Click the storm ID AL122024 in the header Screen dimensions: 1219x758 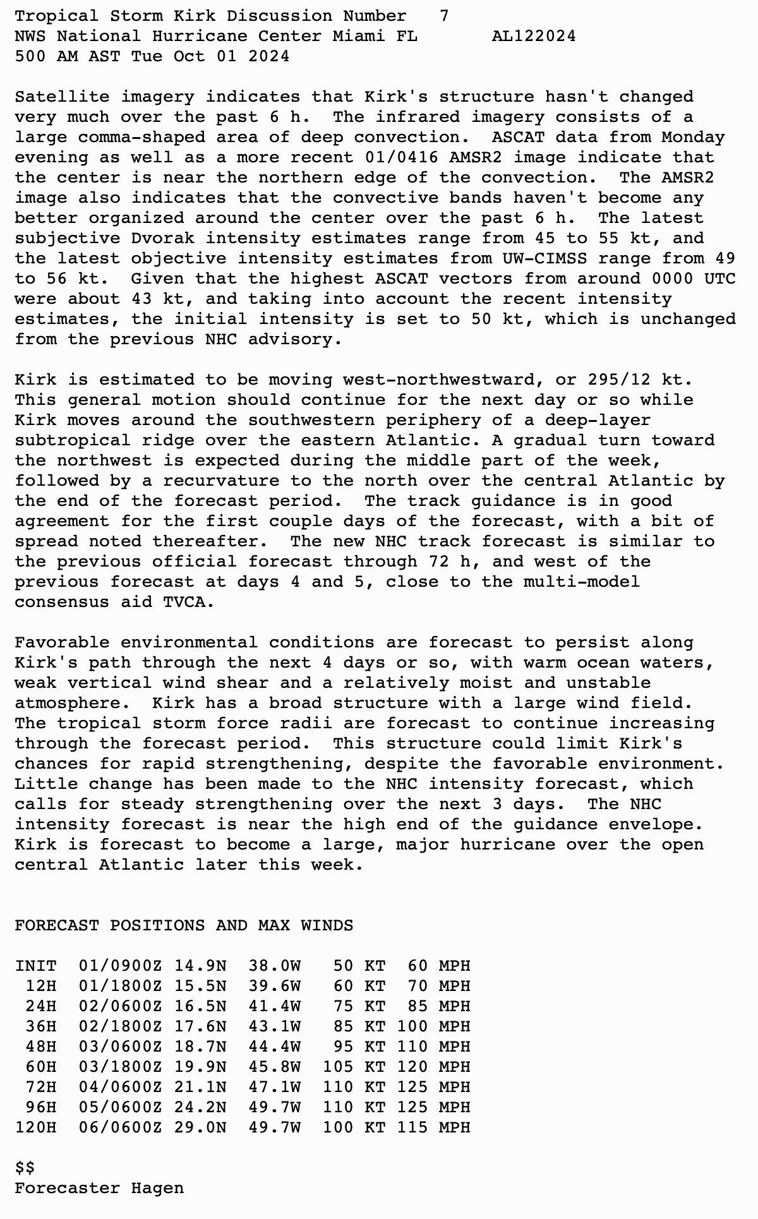pos(534,36)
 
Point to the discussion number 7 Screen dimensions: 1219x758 pos(445,16)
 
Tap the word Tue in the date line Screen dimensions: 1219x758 pos(147,56)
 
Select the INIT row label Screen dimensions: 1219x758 pos(36,966)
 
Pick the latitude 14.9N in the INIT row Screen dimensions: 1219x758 pos(200,966)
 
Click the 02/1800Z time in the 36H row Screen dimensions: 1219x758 pos(121,1026)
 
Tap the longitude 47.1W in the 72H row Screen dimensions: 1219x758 pos(275,1087)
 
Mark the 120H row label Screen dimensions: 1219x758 pos(36,1127)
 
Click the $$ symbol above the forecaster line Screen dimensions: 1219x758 pos(25,1168)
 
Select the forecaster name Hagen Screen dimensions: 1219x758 pos(158,1188)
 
